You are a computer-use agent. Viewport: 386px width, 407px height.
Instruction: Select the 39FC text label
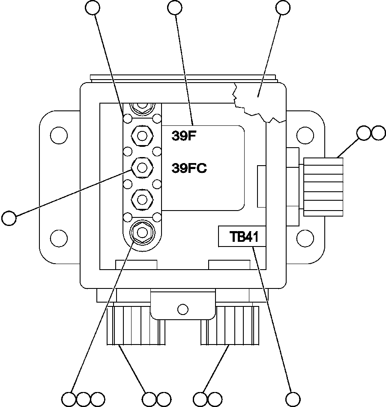[x=189, y=168]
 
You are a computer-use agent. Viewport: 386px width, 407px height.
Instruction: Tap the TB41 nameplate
[x=242, y=237]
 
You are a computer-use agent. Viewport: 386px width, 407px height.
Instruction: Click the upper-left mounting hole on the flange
[x=58, y=135]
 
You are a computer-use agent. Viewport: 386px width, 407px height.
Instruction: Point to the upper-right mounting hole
[x=305, y=135]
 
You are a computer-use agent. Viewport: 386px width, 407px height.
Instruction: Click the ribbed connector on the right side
[x=323, y=186]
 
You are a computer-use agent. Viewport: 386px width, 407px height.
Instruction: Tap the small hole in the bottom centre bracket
[x=183, y=309]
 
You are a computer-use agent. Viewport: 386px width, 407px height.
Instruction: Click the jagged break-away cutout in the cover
[x=257, y=103]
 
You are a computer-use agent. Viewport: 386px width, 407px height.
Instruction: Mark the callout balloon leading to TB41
[x=293, y=399]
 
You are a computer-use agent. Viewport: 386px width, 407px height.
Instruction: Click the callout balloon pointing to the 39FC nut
[x=9, y=218]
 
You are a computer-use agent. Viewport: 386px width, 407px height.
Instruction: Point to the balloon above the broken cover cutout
[x=283, y=7]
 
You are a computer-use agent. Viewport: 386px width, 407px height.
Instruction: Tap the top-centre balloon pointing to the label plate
[x=175, y=7]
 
